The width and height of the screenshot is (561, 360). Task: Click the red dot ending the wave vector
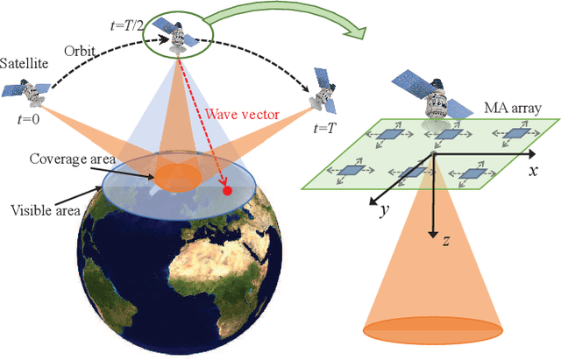pyautogui.click(x=226, y=190)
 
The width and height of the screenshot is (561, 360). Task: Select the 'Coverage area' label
pyautogui.click(x=67, y=159)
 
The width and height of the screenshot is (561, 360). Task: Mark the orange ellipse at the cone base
pyautogui.click(x=430, y=330)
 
